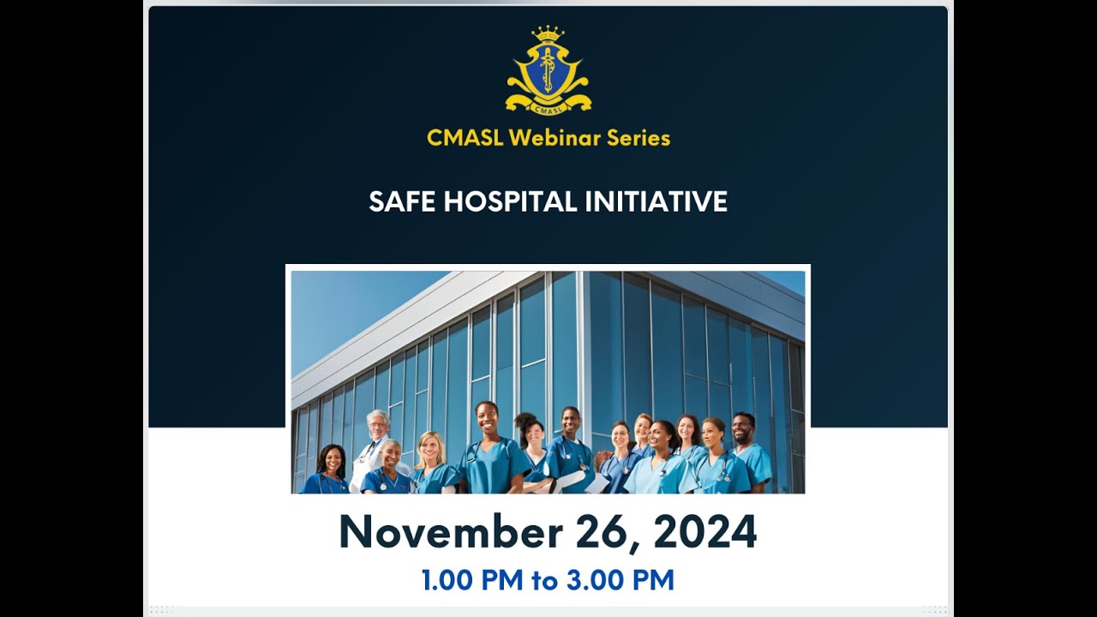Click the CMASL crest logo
point(548,72)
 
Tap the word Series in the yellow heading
point(638,138)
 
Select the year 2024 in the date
point(705,533)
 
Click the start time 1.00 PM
point(471,581)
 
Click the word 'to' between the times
point(546,581)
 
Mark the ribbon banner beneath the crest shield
point(548,105)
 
